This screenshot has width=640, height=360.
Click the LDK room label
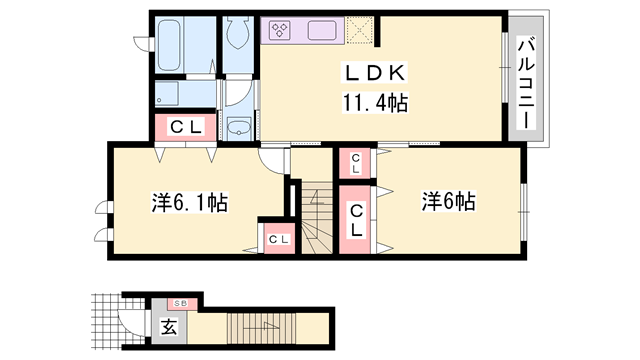pyautogui.click(x=375, y=73)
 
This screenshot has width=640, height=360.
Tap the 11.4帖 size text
pyautogui.click(x=375, y=102)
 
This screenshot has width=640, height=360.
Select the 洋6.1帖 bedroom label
pyautogui.click(x=189, y=202)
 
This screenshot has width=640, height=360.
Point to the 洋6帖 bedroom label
pyautogui.click(x=448, y=201)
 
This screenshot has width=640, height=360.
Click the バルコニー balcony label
pyautogui.click(x=527, y=83)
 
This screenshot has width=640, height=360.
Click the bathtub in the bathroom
pyautogui.click(x=170, y=44)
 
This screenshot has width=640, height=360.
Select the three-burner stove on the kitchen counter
pyautogui.click(x=280, y=30)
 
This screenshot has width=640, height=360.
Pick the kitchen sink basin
pyautogui.click(x=322, y=31)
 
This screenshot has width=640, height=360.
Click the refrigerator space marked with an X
pyautogui.click(x=359, y=30)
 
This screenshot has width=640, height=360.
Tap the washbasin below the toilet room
pyautogui.click(x=239, y=127)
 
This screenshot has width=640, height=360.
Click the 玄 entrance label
pyautogui.click(x=169, y=327)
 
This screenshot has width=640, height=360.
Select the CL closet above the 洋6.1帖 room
pyautogui.click(x=186, y=127)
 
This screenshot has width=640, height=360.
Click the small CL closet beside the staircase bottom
pyautogui.click(x=279, y=239)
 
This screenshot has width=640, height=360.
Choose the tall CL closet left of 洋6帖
pyautogui.click(x=356, y=220)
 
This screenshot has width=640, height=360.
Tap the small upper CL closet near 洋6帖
pyautogui.click(x=355, y=163)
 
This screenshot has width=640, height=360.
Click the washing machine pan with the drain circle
pyautogui.click(x=167, y=93)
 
